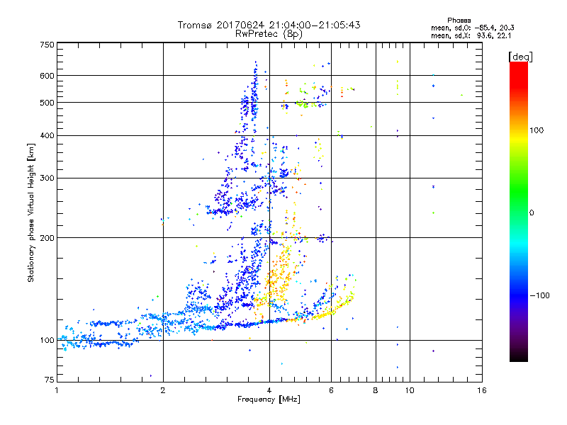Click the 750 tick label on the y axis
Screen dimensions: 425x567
coord(47,44)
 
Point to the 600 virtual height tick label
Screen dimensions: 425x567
coord(47,76)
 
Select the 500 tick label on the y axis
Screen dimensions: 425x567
coord(47,103)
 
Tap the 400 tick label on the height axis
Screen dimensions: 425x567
coord(47,135)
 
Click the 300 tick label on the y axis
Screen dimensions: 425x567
coord(47,178)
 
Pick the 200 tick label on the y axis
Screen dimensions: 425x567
coord(47,238)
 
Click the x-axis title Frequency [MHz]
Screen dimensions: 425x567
coord(269,400)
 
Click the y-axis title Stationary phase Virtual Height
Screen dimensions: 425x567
coord(31,212)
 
